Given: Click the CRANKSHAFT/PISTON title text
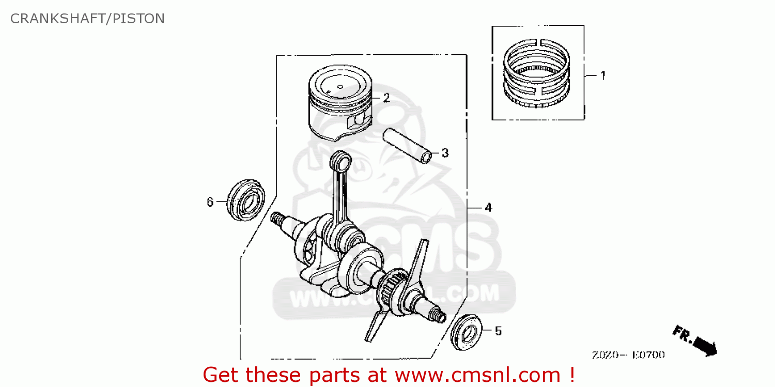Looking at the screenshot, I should (87, 19).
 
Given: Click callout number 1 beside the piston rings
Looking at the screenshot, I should (602, 75).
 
